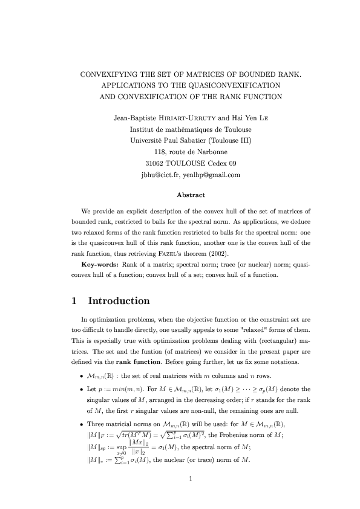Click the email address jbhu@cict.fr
click(x=159, y=175)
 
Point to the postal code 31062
click(x=157, y=163)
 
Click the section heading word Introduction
click(x=119, y=301)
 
